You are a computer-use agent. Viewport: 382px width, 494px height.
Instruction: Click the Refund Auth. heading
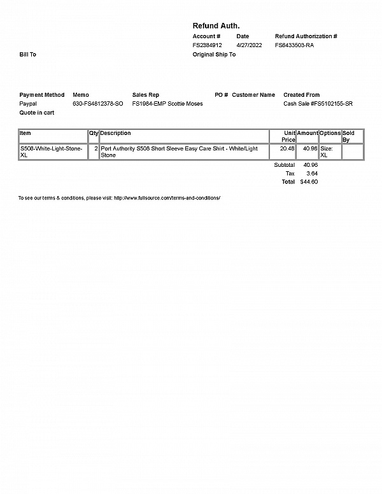(216, 25)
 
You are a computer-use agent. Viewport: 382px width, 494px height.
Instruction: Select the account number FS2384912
(207, 45)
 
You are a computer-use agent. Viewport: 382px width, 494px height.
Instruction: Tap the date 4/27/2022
(249, 45)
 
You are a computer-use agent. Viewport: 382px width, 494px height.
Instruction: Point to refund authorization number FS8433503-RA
(294, 45)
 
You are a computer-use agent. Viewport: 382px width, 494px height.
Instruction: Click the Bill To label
(27, 55)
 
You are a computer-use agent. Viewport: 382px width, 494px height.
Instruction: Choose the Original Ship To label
(214, 55)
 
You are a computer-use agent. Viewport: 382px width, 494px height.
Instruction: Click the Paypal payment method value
(28, 103)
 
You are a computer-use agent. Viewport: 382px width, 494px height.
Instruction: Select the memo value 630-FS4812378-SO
(98, 103)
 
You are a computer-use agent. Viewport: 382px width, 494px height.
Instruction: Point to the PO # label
(221, 95)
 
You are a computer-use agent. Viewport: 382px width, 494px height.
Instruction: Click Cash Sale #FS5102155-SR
(318, 103)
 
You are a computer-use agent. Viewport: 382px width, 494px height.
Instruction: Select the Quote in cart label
(37, 112)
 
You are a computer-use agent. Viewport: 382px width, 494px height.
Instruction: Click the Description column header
(116, 133)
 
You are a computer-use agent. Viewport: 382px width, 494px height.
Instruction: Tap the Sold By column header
(348, 136)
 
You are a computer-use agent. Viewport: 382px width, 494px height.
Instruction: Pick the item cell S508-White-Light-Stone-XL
(52, 152)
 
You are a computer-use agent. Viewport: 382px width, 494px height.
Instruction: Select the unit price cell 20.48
(287, 148)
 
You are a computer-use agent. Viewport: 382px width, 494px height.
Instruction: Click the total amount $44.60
(309, 181)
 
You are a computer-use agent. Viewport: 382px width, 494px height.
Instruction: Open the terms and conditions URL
(167, 198)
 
